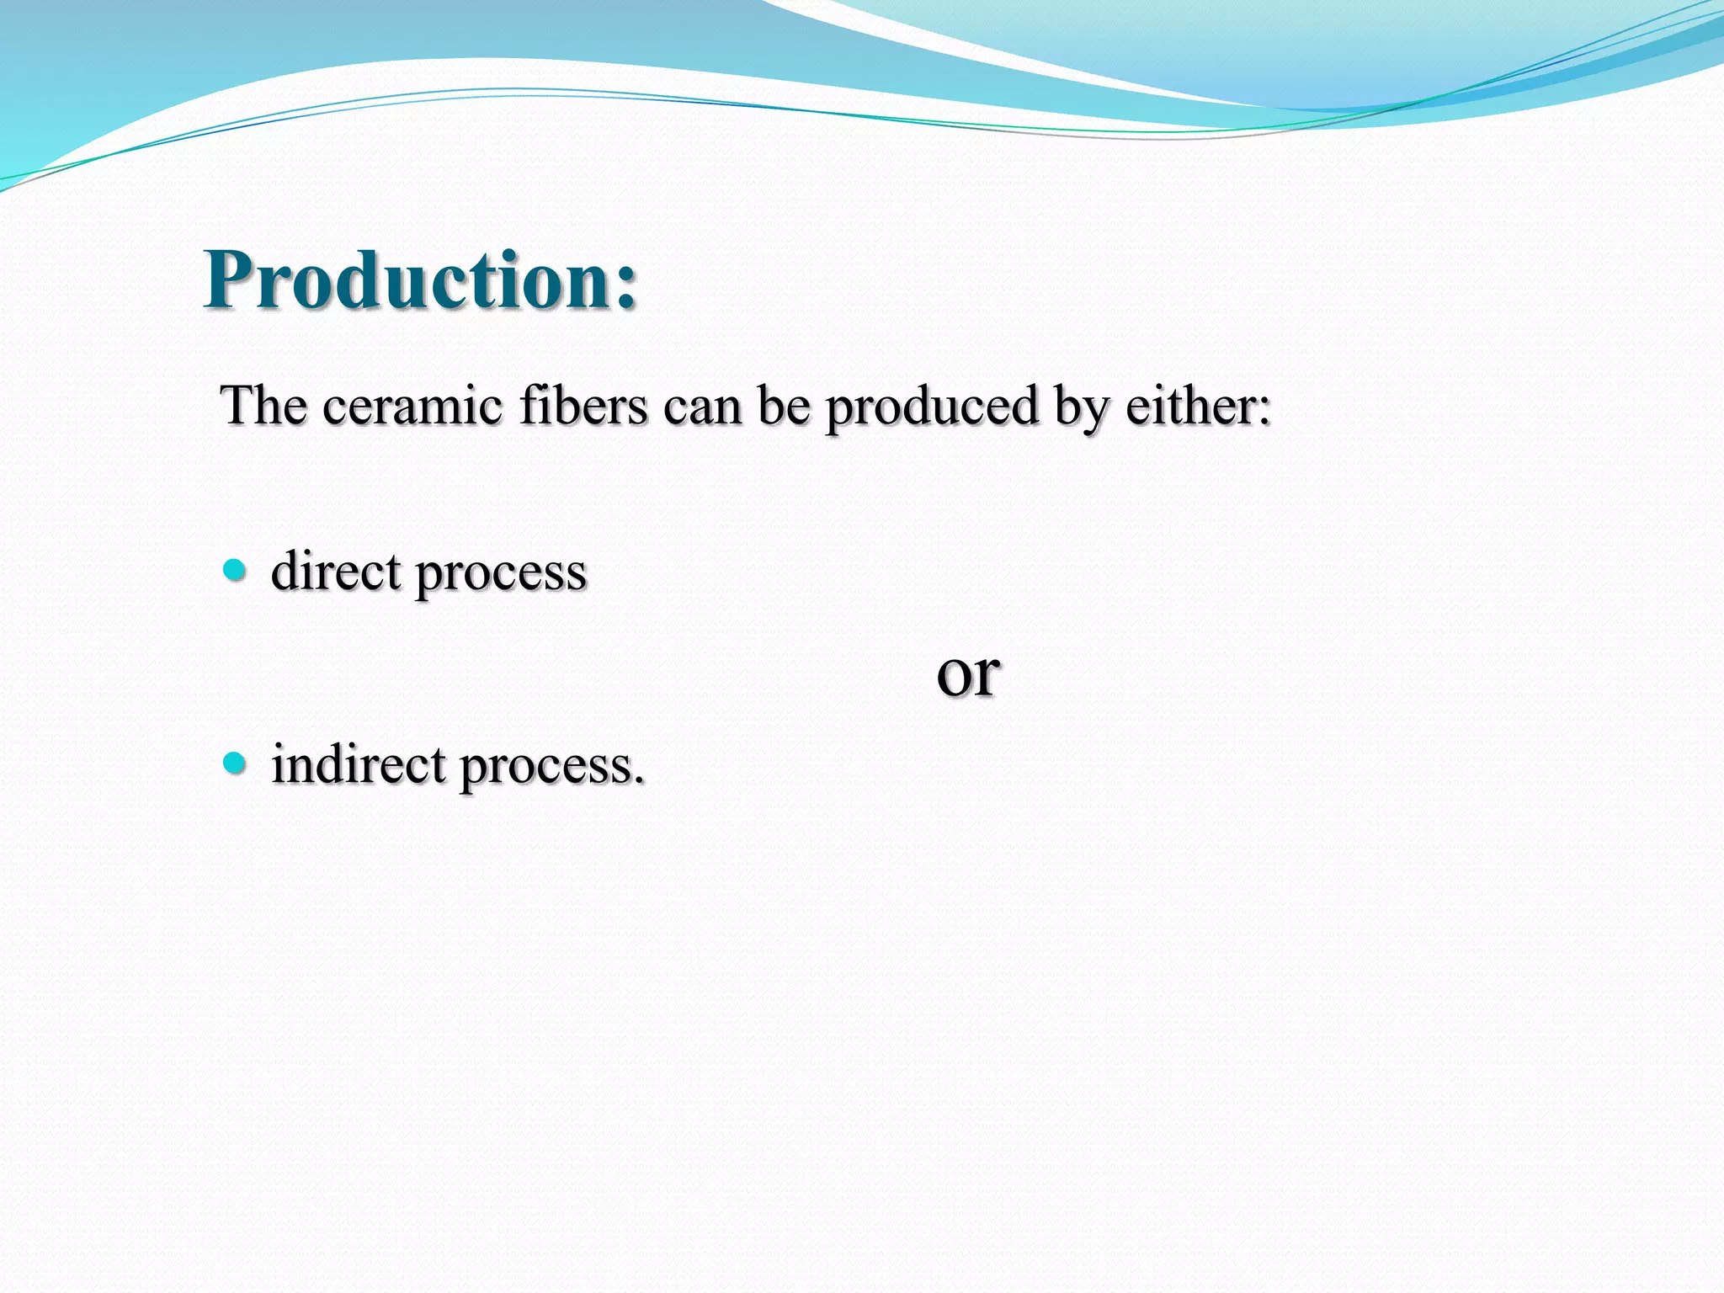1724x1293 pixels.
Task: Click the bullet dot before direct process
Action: (x=235, y=571)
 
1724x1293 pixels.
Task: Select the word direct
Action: (x=336, y=571)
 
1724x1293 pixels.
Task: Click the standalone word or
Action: (x=968, y=674)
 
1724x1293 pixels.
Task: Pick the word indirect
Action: (x=359, y=764)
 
